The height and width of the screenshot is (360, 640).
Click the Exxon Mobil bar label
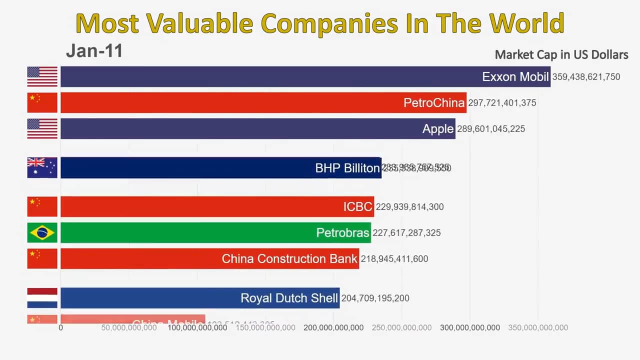click(515, 77)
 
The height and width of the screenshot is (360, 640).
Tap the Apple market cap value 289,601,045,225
click(490, 129)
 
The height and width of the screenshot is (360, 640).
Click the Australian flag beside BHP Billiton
click(42, 168)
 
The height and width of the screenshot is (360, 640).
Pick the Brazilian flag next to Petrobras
click(42, 232)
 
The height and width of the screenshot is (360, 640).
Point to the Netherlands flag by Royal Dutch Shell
click(42, 298)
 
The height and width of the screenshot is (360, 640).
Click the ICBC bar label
click(357, 207)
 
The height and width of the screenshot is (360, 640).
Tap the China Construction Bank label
click(289, 259)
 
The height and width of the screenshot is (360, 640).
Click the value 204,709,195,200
click(375, 298)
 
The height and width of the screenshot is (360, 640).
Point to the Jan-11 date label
click(94, 51)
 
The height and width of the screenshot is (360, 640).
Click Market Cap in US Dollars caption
click(561, 55)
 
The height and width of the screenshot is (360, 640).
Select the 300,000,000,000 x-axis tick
click(469, 328)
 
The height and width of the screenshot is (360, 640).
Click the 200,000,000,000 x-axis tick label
click(333, 328)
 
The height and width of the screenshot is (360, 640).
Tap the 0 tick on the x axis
click(61, 328)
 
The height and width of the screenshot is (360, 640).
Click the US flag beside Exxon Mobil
click(42, 77)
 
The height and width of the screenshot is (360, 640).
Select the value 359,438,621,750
click(586, 77)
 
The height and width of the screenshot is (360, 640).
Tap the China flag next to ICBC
click(42, 207)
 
